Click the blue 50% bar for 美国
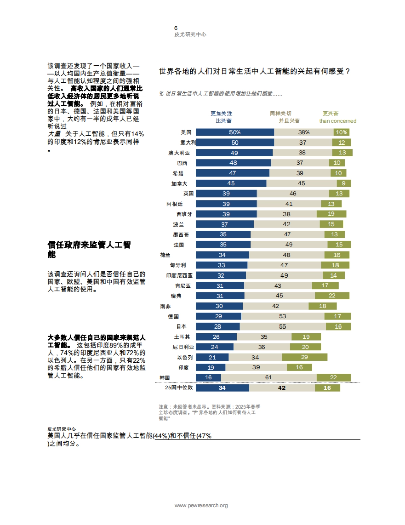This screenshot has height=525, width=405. click(x=235, y=132)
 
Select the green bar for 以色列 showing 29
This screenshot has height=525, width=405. click(x=304, y=357)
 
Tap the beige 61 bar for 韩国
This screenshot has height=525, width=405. click(x=268, y=377)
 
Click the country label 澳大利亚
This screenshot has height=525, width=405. click(x=179, y=153)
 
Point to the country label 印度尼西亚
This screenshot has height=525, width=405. click(x=179, y=275)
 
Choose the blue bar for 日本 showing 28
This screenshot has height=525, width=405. click(x=218, y=326)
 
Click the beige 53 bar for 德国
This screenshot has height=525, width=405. click(x=282, y=316)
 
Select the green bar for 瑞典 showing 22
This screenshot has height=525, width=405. click(x=332, y=296)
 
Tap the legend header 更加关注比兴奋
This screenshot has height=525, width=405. click(x=221, y=117)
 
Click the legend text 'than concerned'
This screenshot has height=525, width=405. click(x=337, y=121)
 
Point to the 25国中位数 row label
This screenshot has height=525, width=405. click(x=179, y=388)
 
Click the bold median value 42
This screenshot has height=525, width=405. click(x=282, y=388)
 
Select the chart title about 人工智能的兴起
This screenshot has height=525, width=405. click(x=254, y=71)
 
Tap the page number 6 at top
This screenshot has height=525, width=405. click(x=176, y=28)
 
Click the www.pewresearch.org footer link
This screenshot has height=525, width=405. click(x=201, y=505)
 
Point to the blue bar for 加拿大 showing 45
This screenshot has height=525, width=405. click(x=231, y=183)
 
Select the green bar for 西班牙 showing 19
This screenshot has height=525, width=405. click(x=331, y=214)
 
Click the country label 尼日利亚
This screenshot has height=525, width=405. click(x=183, y=347)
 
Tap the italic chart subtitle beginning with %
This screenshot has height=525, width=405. click(x=221, y=94)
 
